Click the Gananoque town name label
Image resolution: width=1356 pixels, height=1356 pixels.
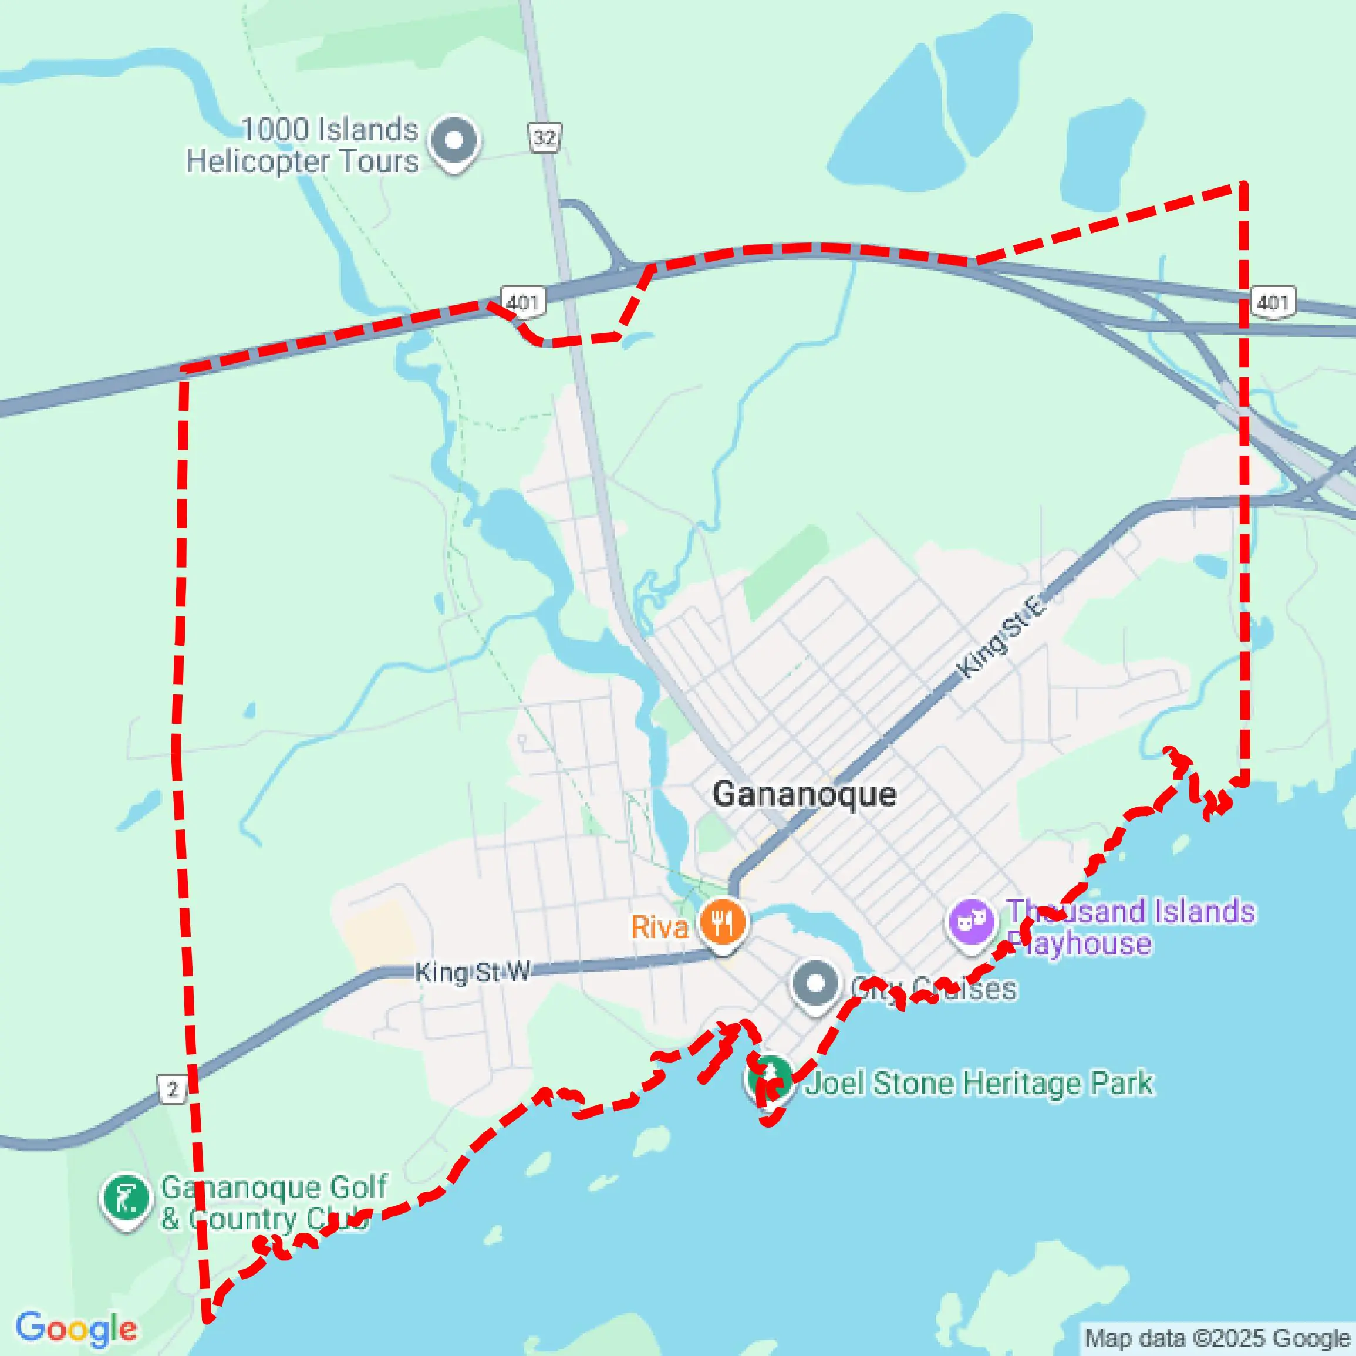pos(804,794)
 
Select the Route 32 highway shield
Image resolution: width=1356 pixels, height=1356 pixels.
pos(545,137)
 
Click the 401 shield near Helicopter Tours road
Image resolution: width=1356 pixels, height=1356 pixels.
pos(522,302)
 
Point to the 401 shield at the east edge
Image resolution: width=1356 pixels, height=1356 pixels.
pos(1273,302)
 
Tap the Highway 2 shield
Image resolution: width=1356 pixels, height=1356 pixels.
pos(172,1089)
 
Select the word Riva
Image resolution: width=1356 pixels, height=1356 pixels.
pos(659,927)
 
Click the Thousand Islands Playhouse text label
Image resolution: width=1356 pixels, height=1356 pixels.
pos(1130,927)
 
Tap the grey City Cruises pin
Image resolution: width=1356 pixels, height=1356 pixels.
pos(815,984)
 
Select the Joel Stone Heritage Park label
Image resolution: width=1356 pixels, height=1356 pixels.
pos(979,1082)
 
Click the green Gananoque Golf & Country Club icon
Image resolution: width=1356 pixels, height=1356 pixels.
pos(126,1198)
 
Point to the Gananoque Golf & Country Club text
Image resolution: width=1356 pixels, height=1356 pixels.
pos(274,1202)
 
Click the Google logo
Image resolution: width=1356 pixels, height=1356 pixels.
pos(76,1328)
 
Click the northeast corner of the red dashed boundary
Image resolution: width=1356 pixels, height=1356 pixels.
pos(1242,186)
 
